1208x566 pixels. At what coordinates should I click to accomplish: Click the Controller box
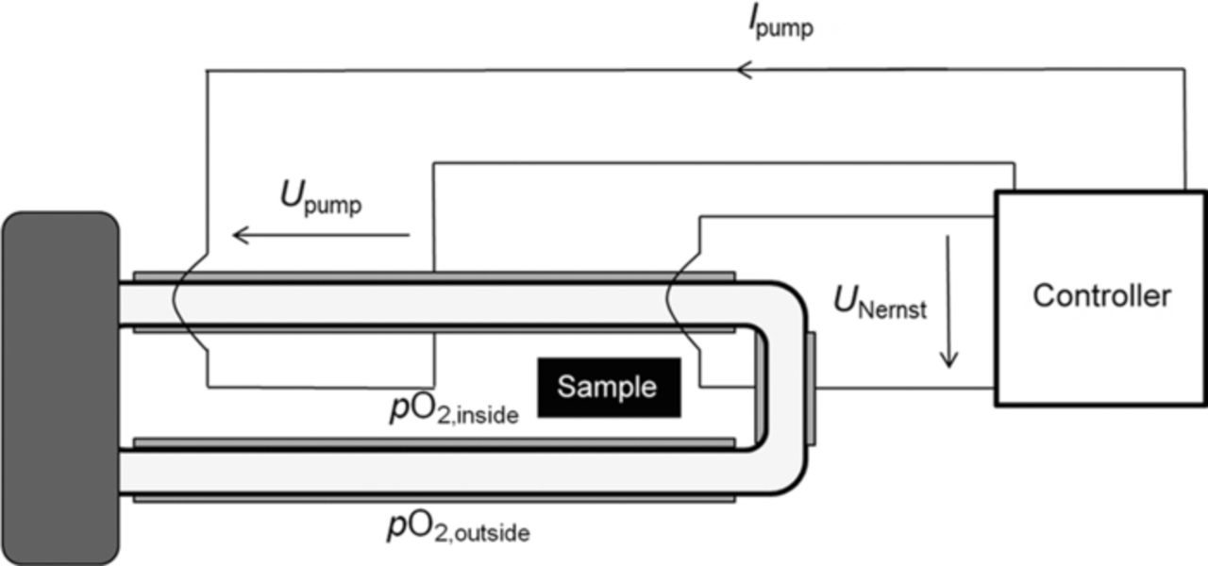(1100, 298)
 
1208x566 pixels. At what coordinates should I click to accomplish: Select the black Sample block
(609, 387)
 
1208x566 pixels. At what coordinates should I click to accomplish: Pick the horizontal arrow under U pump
(321, 235)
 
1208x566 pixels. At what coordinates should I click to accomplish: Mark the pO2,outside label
(458, 528)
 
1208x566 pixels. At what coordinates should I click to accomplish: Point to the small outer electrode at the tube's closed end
(811, 388)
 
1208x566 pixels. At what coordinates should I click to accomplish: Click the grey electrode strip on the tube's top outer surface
(434, 276)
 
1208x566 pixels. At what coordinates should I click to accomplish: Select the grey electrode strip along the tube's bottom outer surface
(434, 498)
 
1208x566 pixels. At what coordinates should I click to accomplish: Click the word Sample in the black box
(606, 387)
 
